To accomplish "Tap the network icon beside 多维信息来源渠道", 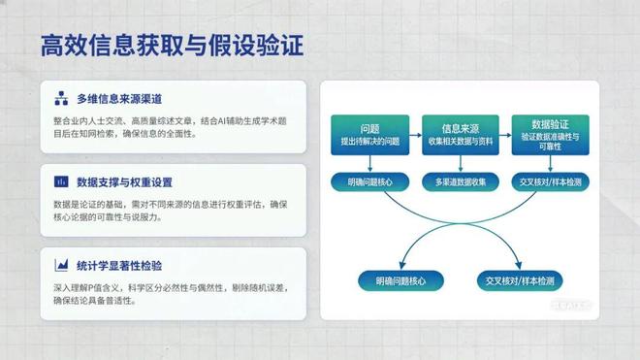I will tap(61, 99).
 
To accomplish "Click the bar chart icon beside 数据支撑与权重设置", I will tap(61, 181).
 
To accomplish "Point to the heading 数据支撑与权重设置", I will tap(125, 181).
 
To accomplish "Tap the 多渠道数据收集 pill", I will tap(458, 182).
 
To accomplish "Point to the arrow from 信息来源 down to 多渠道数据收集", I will tap(458, 163).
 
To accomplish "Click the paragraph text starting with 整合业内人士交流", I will tap(173, 127).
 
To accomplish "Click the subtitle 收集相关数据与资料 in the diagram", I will tap(458, 142).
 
